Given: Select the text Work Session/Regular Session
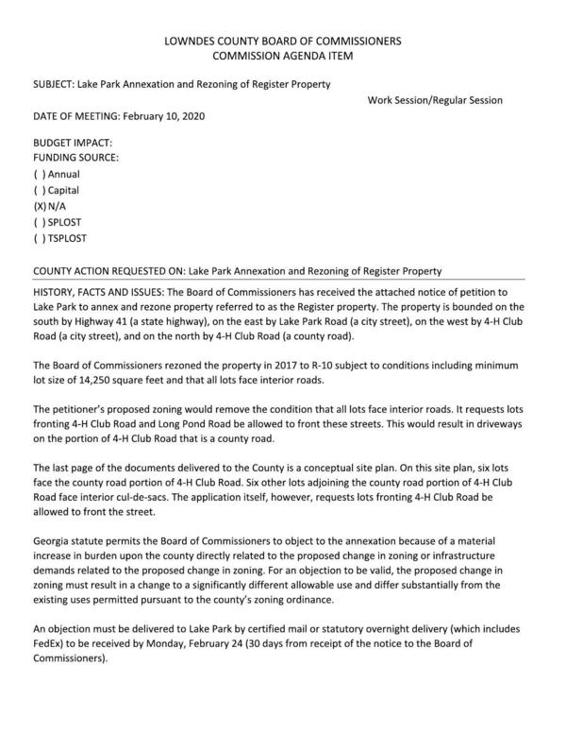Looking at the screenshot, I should [x=435, y=100].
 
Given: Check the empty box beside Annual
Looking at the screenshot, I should [x=40, y=174].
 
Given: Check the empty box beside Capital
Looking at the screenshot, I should [x=40, y=190].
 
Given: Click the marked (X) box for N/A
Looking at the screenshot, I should [x=40, y=206].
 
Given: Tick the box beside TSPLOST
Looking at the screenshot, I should [x=40, y=238].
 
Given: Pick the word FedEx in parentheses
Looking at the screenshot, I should [x=49, y=645].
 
